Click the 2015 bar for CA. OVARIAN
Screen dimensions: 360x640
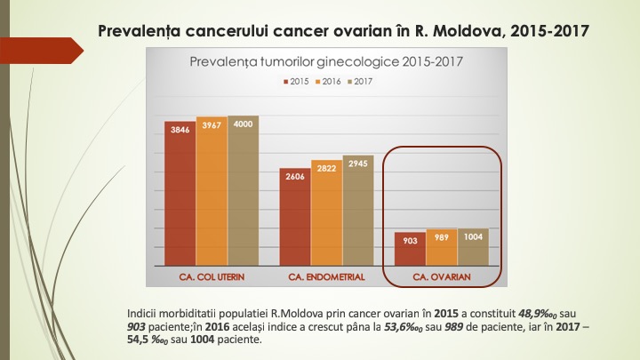pos(410,249)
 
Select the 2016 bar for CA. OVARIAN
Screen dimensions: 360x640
pos(441,247)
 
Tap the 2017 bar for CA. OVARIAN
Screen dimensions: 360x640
pos(472,247)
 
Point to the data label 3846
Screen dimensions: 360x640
pos(180,130)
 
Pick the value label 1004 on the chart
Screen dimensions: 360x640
pos(472,237)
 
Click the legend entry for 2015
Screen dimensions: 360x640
pos(297,81)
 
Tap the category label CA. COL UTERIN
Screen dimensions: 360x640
pos(212,277)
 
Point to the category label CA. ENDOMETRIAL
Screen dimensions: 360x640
pos(326,277)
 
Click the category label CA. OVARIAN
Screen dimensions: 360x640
pos(442,277)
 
